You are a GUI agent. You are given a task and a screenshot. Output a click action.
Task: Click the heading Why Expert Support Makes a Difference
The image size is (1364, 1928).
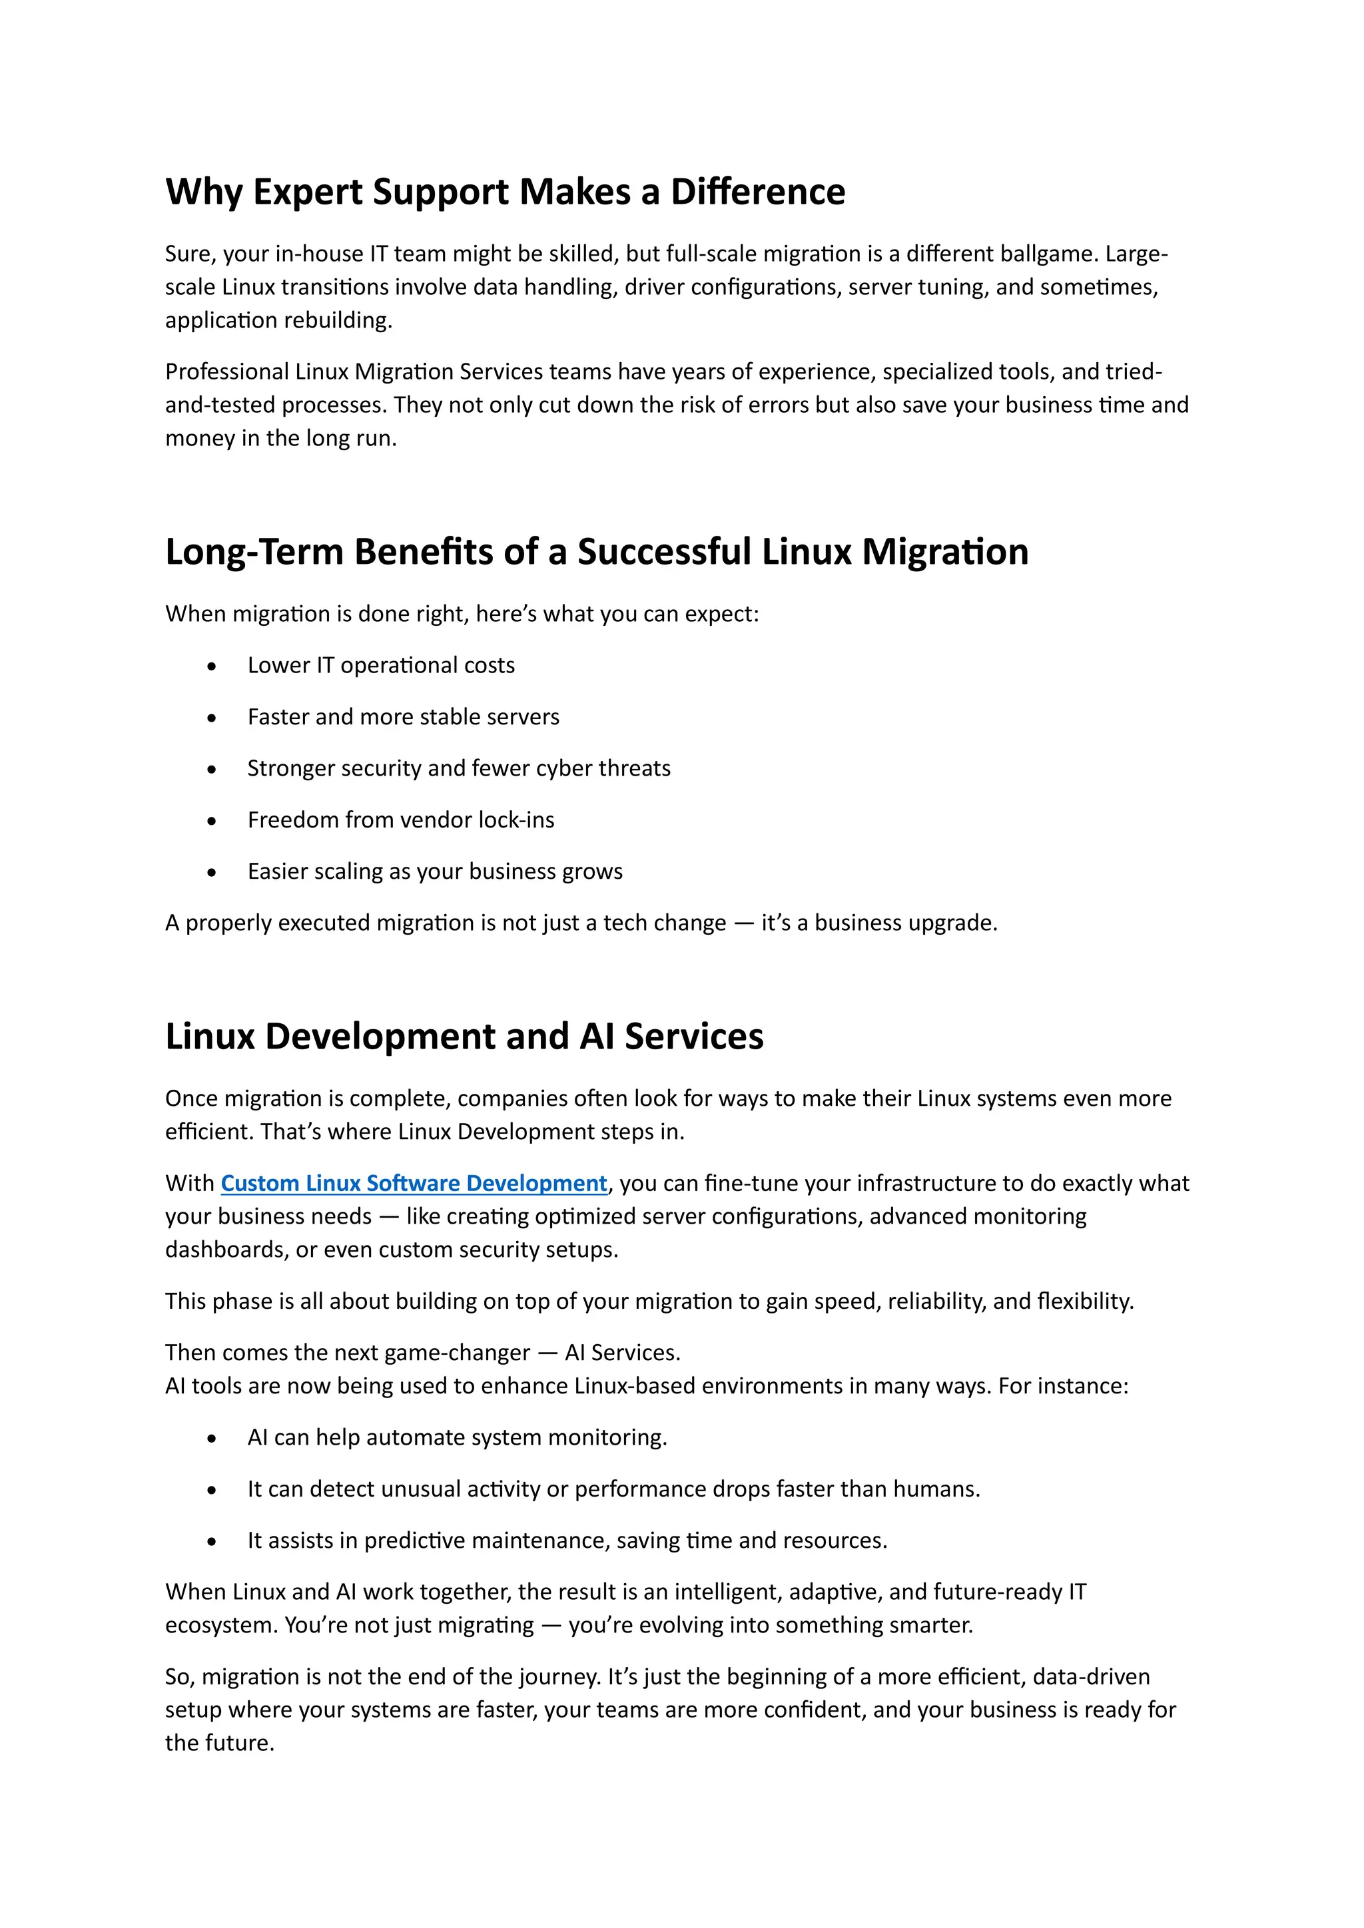point(505,192)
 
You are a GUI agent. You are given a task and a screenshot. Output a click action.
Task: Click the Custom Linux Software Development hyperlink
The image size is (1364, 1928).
point(413,1183)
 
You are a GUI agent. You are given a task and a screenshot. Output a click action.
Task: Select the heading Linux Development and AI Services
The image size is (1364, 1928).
point(464,1036)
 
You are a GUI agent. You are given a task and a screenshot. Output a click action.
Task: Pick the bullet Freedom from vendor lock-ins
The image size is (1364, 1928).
point(401,820)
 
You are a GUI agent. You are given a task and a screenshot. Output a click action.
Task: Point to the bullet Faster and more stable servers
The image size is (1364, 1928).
point(403,716)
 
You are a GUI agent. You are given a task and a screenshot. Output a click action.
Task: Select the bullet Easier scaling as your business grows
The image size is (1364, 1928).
point(435,871)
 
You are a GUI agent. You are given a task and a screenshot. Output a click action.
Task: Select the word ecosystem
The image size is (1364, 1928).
point(220,1626)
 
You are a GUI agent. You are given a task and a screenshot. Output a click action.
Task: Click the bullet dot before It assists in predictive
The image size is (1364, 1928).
point(212,1543)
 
